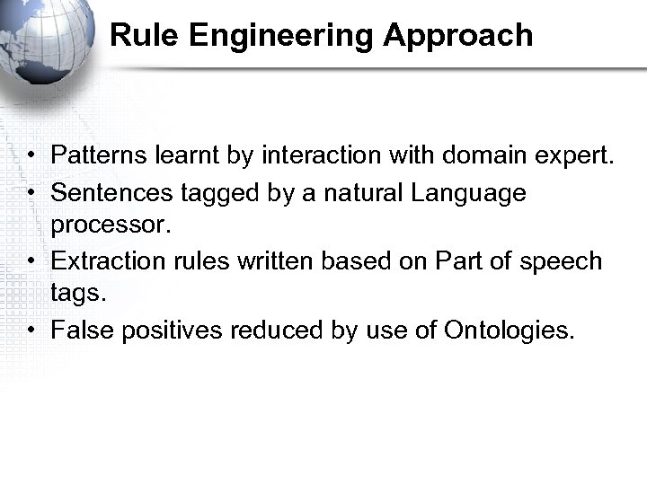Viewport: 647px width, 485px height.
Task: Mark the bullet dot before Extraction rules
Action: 31,261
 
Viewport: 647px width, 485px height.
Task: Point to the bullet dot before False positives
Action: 31,331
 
